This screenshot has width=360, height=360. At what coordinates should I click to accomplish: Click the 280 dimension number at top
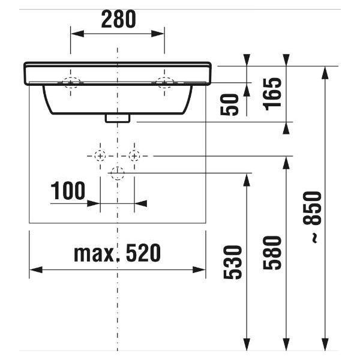coord(118,19)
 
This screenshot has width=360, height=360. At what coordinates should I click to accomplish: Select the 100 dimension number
coord(68,191)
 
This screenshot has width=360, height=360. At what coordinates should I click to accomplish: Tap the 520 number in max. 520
coord(143,253)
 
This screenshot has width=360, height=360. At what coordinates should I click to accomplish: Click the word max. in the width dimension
coord(94,254)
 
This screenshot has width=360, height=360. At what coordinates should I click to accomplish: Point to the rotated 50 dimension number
coord(229,104)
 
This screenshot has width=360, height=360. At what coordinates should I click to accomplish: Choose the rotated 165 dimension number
coord(272,94)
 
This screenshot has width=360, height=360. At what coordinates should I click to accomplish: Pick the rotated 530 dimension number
coord(233,262)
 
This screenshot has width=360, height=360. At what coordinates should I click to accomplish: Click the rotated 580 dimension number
coord(272,253)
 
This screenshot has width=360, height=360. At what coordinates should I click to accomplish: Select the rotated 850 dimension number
coord(312,208)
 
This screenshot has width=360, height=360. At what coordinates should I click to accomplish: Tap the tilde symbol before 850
coord(315,238)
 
